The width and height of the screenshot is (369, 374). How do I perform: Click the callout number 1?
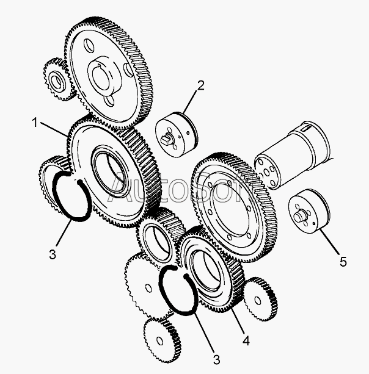click(35, 123)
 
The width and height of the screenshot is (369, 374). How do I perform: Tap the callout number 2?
click(200, 85)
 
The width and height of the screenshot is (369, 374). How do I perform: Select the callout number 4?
click(246, 340)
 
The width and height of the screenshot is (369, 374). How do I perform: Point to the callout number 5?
click(343, 262)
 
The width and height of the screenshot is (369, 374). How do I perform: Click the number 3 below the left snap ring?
click(53, 254)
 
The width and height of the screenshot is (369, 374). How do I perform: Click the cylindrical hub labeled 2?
click(177, 134)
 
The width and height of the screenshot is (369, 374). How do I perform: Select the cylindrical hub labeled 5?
click(309, 214)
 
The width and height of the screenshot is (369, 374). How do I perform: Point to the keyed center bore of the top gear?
click(100, 76)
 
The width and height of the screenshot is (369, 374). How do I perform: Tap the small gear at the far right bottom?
click(260, 300)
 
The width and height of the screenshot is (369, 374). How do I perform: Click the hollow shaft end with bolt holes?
click(267, 171)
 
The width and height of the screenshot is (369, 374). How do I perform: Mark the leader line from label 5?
click(330, 242)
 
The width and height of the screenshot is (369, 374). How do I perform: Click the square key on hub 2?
click(166, 139)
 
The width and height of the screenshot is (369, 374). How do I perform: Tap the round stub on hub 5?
click(299, 215)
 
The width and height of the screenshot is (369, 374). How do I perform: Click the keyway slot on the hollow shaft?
click(306, 129)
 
